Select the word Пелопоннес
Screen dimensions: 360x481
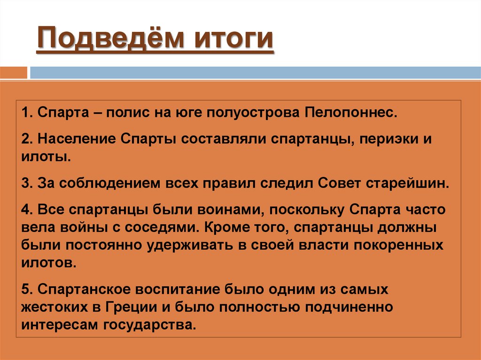[x=350, y=114]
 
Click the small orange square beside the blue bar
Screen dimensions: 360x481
[x=14, y=73]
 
